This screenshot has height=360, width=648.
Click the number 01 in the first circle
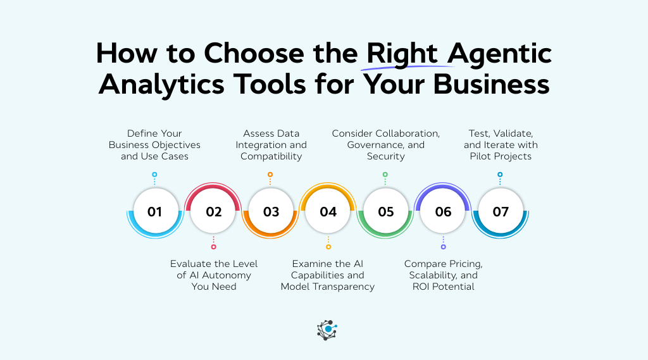[154, 211]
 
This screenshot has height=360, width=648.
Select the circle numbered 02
[213, 211]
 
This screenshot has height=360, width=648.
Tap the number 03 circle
[271, 211]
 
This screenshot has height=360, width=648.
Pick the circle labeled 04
[328, 211]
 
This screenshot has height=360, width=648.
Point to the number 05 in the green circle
[385, 211]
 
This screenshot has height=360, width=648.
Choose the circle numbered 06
[443, 211]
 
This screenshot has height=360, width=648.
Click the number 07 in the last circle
[500, 211]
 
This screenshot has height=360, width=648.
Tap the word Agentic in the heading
[503, 54]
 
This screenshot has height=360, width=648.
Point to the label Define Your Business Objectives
[154, 145]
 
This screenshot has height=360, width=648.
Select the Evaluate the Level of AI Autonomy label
[214, 275]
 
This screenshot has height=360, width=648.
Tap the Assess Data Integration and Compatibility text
[271, 145]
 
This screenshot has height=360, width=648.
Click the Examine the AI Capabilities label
[328, 275]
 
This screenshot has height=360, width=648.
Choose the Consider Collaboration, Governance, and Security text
[385, 145]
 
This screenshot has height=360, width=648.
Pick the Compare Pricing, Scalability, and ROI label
[443, 275]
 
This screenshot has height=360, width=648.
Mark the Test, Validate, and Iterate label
[500, 145]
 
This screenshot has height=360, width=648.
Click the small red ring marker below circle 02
[213, 247]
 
